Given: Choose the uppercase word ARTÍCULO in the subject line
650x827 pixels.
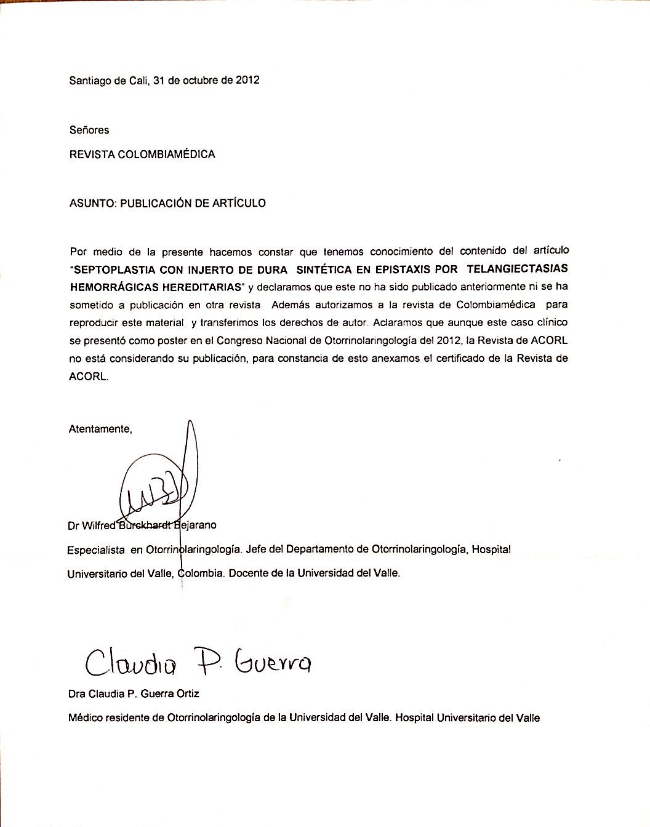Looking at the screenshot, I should (239, 203).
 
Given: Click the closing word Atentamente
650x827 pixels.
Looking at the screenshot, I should (100, 429).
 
